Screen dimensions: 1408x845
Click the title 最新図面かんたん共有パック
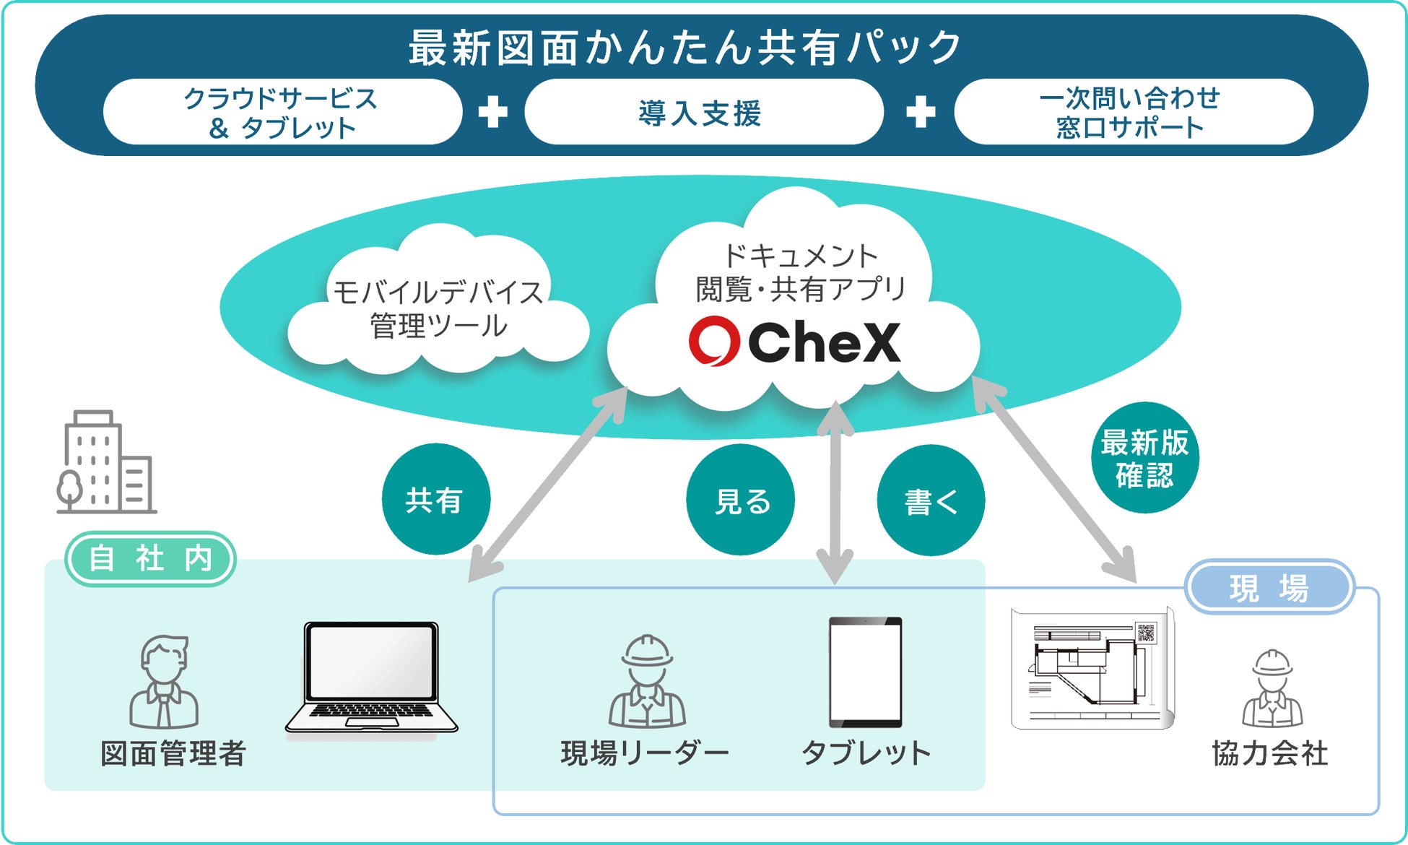pyautogui.click(x=685, y=48)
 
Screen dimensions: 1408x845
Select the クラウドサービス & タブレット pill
pyautogui.click(x=282, y=113)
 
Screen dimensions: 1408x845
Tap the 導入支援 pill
pyautogui.click(x=703, y=113)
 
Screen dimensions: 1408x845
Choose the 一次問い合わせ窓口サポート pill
pyautogui.click(x=1131, y=113)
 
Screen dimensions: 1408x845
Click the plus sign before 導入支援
pyautogui.click(x=492, y=112)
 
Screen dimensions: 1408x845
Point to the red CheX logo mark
pyautogui.click(x=713, y=341)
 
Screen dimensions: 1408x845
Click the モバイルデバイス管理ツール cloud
pyautogui.click(x=438, y=309)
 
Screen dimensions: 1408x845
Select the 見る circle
pyautogui.click(x=741, y=500)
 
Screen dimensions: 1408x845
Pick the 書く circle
pyautogui.click(x=931, y=500)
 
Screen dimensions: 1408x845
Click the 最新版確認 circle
pyautogui.click(x=1144, y=458)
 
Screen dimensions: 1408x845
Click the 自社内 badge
pyautogui.click(x=151, y=559)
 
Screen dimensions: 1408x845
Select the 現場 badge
pyautogui.click(x=1269, y=587)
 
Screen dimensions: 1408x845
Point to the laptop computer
pyautogui.click(x=371, y=680)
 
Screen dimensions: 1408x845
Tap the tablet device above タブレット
pyautogui.click(x=865, y=672)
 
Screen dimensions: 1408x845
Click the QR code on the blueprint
pyautogui.click(x=1146, y=633)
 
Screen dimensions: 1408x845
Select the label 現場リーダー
pyautogui.click(x=645, y=753)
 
